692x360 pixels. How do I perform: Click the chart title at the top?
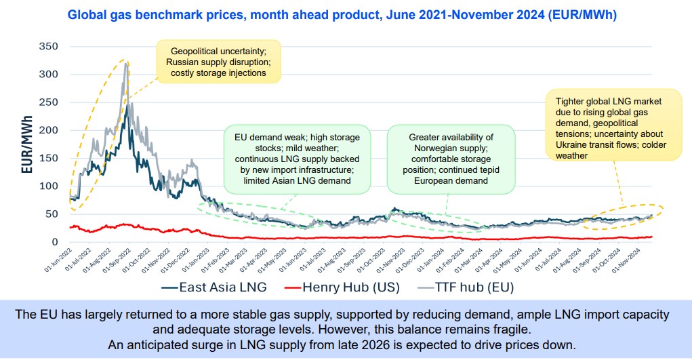click(x=346, y=14)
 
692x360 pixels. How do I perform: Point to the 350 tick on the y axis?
click(x=49, y=46)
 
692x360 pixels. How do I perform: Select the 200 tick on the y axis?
click(x=49, y=129)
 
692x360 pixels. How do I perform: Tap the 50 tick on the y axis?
click(x=52, y=214)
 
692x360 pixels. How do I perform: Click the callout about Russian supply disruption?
click(x=218, y=62)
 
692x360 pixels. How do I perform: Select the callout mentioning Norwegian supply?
click(x=450, y=158)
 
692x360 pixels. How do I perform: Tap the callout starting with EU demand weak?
click(x=298, y=158)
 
